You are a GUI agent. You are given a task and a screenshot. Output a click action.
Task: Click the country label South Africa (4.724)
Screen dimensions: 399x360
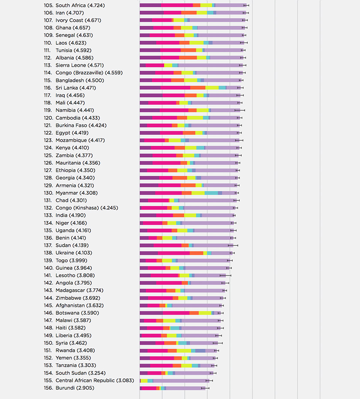pos(80,6)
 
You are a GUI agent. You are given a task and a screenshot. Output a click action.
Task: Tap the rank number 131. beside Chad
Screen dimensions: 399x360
pos(48,200)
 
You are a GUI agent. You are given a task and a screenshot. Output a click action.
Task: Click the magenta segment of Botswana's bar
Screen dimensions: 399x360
pos(176,313)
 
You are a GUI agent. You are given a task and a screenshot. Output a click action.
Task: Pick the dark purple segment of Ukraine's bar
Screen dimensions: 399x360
pos(148,253)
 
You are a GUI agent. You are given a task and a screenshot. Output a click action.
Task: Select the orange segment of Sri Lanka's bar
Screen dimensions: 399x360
pos(198,88)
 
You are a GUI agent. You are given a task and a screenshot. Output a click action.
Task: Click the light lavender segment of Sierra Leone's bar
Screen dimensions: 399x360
pos(210,65)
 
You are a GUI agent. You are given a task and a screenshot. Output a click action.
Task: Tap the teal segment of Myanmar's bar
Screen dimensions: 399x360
pos(211,193)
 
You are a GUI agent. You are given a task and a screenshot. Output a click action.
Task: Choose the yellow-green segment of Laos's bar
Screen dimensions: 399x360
pos(196,43)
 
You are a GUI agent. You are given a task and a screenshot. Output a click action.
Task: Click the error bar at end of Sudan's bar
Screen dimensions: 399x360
pos(233,245)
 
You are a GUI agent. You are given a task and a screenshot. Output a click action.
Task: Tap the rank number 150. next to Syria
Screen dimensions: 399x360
pos(48,343)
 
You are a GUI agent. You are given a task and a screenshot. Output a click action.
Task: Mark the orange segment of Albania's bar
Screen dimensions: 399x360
pos(188,58)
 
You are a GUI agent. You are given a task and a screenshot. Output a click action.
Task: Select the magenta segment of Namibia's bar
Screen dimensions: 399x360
pos(174,110)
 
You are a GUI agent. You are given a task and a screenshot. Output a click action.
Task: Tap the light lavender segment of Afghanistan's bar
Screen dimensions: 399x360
pos(197,305)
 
